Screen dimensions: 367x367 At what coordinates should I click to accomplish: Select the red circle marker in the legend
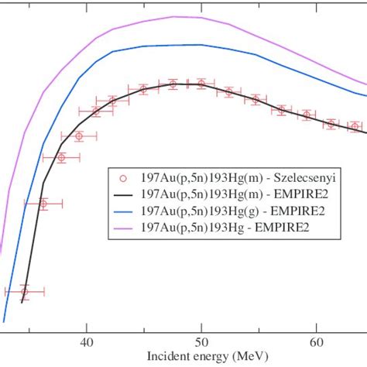point(122,176)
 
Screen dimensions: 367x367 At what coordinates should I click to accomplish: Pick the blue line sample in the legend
point(122,209)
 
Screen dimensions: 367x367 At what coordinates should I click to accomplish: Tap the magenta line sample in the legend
point(122,227)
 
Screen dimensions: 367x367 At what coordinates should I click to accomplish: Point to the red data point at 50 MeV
point(201,83)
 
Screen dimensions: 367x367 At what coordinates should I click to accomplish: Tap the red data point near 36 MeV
point(43,204)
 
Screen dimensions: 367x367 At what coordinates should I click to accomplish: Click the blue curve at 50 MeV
point(201,46)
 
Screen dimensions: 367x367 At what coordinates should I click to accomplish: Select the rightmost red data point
point(355,126)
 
